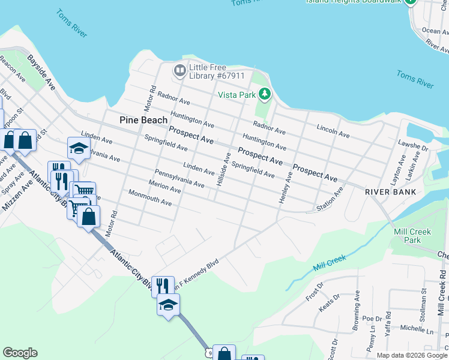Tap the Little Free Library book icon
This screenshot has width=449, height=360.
[179, 71]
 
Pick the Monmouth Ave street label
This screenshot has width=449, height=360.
[150, 199]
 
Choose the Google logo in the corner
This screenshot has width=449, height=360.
[20, 353]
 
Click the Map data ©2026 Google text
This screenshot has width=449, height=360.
[411, 355]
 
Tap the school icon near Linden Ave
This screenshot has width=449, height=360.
[78, 148]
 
